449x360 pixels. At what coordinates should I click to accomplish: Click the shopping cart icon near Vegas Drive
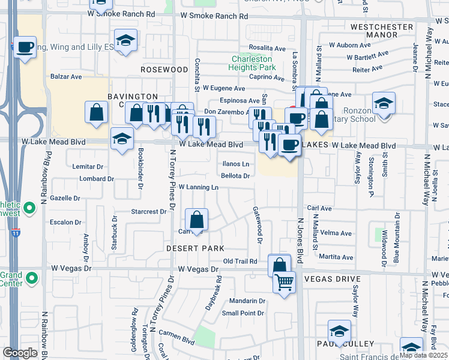click(284, 281)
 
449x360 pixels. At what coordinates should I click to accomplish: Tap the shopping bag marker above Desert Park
click(196, 220)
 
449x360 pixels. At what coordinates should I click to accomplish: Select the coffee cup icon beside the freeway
click(25, 47)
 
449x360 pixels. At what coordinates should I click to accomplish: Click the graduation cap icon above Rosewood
click(125, 40)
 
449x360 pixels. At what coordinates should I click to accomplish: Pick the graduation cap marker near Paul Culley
click(339, 331)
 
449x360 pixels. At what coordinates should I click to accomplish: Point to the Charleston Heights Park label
click(252, 64)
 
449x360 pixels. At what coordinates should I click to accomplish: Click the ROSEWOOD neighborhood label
click(164, 70)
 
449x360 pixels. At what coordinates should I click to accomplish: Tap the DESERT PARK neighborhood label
click(195, 248)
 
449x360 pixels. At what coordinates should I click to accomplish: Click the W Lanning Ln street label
click(197, 187)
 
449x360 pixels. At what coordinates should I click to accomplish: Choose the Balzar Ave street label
click(66, 77)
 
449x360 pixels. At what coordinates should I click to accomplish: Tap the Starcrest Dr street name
click(149, 211)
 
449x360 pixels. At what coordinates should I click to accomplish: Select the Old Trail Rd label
click(240, 261)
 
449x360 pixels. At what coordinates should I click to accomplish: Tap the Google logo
click(20, 353)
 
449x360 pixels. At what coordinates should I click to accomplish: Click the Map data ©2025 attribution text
click(423, 355)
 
